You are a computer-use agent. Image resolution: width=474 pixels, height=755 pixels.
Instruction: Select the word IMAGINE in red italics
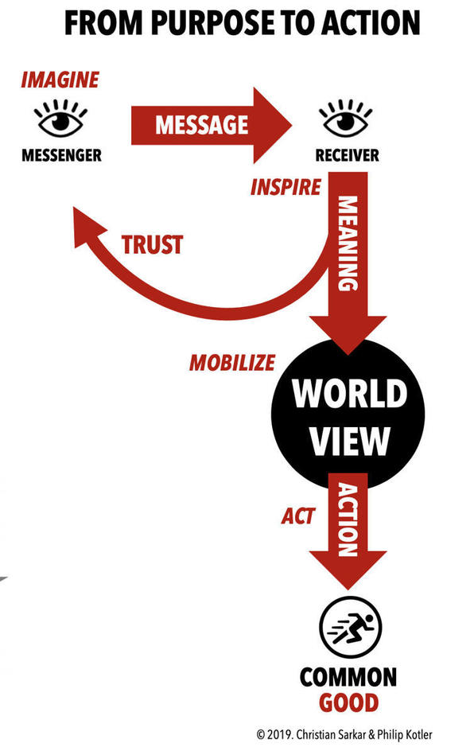[x=60, y=80]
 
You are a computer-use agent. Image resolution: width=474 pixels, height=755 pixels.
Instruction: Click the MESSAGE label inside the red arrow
[x=202, y=125]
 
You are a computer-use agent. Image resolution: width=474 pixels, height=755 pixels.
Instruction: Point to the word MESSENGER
[x=61, y=155]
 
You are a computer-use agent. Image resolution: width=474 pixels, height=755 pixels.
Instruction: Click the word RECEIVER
[x=347, y=155]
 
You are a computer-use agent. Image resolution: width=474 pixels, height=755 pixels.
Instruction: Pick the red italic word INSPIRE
[x=286, y=187]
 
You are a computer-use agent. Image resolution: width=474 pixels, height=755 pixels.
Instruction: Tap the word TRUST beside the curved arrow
[x=152, y=244]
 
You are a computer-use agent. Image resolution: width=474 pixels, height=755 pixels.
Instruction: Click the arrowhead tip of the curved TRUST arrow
[x=74, y=208]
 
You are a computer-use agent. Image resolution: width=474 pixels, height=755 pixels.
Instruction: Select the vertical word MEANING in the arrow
[x=348, y=243]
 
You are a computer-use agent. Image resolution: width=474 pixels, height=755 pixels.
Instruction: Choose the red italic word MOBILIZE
[x=232, y=363]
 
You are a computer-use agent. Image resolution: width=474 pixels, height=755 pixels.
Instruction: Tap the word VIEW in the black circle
[x=349, y=440]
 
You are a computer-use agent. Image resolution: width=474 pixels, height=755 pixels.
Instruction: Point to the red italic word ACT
[x=298, y=516]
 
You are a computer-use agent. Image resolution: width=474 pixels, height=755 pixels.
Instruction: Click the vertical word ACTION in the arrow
[x=348, y=520]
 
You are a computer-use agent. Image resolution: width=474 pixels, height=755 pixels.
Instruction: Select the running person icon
[x=350, y=628]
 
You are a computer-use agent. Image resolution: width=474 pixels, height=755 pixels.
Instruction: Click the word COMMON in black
[x=348, y=677]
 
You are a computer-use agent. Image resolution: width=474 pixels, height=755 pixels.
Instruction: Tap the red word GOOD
[x=348, y=702]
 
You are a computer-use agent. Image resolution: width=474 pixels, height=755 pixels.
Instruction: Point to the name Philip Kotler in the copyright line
[x=404, y=735]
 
